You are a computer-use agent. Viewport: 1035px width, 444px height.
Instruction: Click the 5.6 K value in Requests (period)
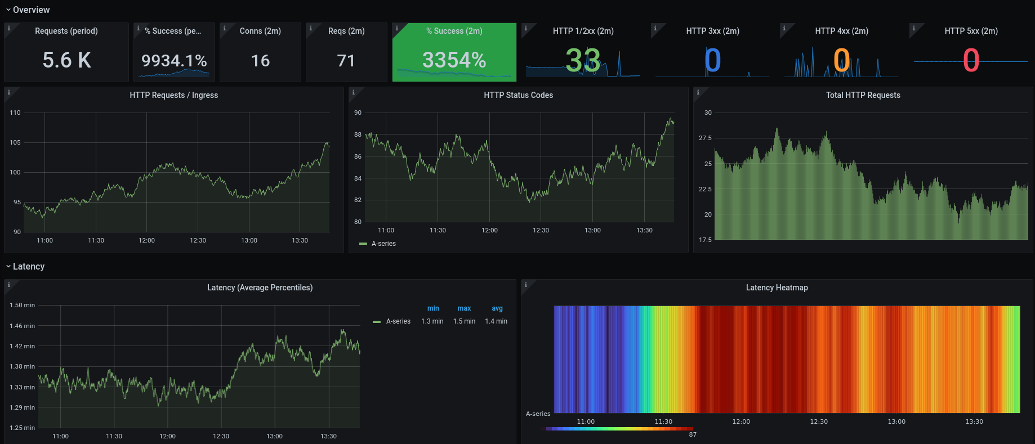(x=66, y=60)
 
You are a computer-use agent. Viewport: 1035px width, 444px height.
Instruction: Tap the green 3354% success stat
(x=454, y=60)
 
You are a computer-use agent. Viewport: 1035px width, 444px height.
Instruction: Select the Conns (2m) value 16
(x=260, y=61)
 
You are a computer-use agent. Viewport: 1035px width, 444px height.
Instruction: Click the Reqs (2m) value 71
(x=346, y=61)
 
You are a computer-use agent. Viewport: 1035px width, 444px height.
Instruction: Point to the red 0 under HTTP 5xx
(x=971, y=61)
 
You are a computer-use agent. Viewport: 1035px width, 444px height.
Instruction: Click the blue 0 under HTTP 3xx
(x=712, y=61)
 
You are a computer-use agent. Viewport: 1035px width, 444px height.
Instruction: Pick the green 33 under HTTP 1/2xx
(x=583, y=61)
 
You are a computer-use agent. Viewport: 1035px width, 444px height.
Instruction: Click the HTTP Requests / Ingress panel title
(x=173, y=95)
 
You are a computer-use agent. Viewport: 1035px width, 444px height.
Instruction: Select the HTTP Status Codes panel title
(x=518, y=95)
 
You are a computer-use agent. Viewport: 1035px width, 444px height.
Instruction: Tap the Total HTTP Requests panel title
(x=863, y=95)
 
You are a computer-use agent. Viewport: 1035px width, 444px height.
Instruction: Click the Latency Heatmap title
(x=777, y=288)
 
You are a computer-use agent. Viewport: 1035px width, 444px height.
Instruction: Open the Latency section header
(x=28, y=266)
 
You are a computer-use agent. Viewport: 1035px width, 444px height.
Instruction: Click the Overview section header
(x=31, y=10)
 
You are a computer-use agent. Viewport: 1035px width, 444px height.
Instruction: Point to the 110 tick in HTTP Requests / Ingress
(x=15, y=113)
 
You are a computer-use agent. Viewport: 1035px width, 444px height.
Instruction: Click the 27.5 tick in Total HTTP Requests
(x=705, y=138)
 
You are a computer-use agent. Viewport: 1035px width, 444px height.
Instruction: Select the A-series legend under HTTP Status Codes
(x=383, y=244)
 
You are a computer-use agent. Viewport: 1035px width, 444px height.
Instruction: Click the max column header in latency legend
(x=464, y=308)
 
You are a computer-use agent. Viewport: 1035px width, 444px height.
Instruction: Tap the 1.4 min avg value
(x=496, y=321)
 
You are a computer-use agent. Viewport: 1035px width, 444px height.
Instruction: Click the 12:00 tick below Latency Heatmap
(x=741, y=421)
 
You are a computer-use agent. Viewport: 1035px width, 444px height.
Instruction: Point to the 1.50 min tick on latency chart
(x=22, y=305)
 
